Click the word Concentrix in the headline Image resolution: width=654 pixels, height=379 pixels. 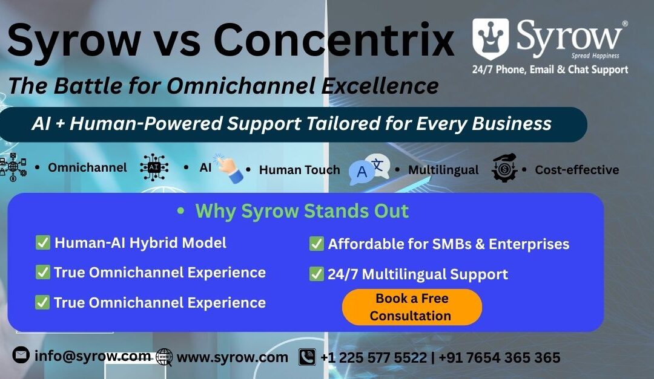coord(334,40)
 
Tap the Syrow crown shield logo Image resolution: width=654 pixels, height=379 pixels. coord(490,39)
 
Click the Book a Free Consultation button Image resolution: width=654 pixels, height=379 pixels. coord(412,307)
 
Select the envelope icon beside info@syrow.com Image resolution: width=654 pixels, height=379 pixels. coord(21,355)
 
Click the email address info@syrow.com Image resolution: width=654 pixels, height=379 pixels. coord(93,355)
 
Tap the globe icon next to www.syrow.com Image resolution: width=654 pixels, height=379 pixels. coord(164,357)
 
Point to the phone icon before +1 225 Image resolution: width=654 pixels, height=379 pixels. coord(307,357)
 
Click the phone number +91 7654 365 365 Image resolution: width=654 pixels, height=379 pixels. coord(499,357)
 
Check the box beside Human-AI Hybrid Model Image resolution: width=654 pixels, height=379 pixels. coord(42,242)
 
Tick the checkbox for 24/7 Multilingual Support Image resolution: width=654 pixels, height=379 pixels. coord(316,274)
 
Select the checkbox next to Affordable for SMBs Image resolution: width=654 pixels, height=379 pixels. coord(316,244)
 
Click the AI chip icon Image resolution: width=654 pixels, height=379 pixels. coord(154,167)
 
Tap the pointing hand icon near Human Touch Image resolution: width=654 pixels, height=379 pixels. coord(228,169)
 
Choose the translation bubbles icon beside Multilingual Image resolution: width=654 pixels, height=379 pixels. coord(369,169)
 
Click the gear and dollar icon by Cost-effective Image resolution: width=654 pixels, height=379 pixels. coord(504,167)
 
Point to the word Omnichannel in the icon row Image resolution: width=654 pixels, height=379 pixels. coord(87,167)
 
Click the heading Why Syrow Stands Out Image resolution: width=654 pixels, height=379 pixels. coord(302,211)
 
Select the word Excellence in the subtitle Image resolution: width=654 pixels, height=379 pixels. coord(380,86)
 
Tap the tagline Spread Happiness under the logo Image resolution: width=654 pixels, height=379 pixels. coord(595,56)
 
